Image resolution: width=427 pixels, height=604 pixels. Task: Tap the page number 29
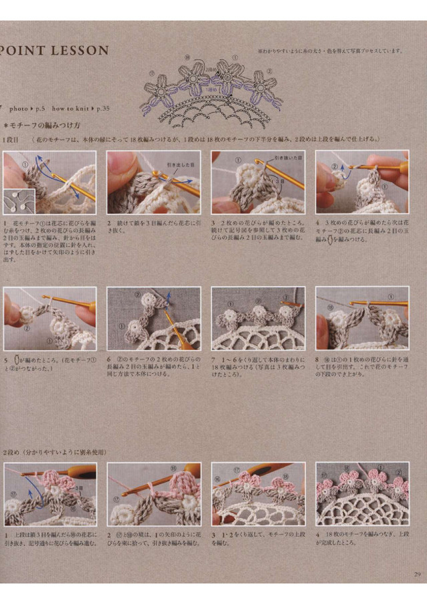tap(416, 575)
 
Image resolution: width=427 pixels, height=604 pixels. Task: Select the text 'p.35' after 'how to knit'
tap(103, 107)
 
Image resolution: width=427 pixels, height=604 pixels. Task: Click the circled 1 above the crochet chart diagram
tap(234, 58)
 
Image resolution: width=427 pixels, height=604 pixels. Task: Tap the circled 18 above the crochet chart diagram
tap(187, 58)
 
